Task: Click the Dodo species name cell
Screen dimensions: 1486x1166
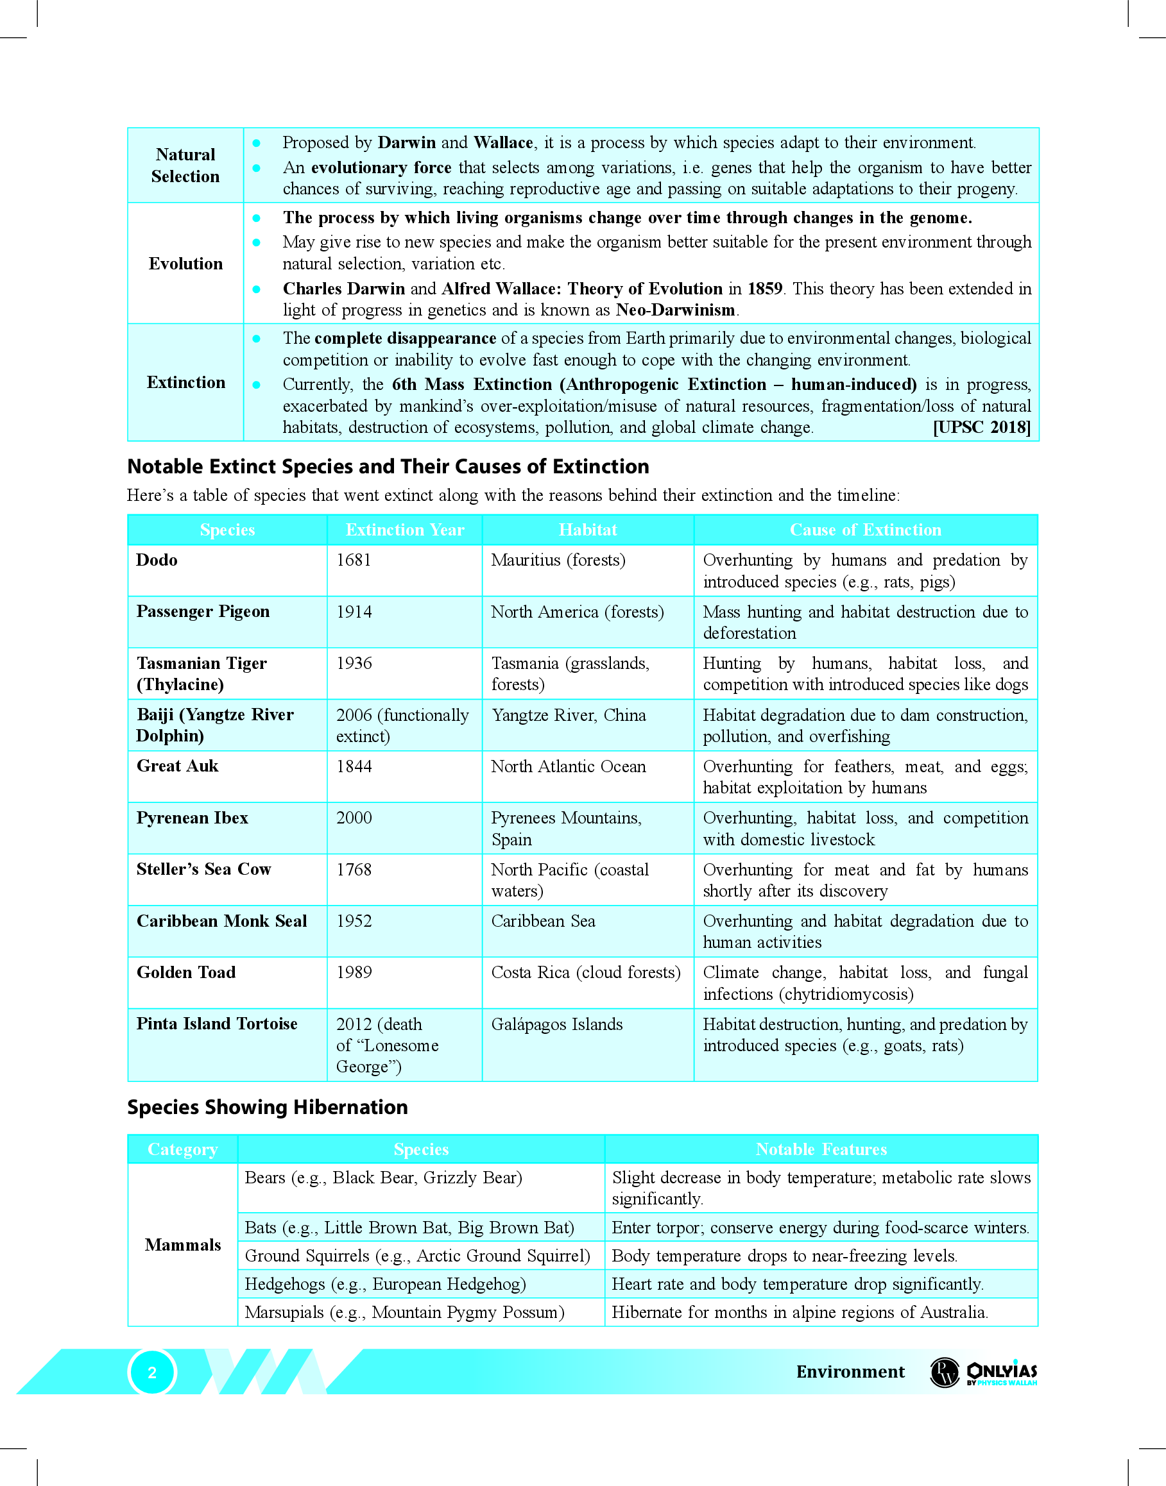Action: click(x=157, y=560)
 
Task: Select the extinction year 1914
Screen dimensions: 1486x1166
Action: click(x=354, y=612)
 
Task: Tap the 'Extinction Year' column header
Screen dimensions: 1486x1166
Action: click(x=405, y=530)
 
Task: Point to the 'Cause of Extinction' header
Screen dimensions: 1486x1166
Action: click(x=865, y=530)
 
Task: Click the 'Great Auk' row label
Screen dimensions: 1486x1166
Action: click(x=178, y=766)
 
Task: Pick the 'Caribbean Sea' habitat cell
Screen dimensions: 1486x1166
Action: click(x=543, y=921)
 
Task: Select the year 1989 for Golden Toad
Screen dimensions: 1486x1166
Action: click(x=354, y=972)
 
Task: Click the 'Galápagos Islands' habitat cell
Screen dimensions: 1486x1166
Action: click(x=557, y=1024)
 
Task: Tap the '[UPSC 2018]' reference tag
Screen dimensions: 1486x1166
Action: click(x=982, y=428)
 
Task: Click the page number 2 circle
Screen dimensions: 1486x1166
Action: click(x=152, y=1372)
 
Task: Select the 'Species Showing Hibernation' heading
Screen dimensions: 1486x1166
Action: click(x=268, y=1107)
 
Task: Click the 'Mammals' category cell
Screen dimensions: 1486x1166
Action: click(x=183, y=1245)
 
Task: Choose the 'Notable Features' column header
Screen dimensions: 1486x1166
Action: click(x=821, y=1150)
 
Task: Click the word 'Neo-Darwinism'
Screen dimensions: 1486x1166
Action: click(x=675, y=310)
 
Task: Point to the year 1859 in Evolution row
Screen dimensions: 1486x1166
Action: click(x=764, y=289)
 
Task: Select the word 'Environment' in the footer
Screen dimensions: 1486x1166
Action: click(x=850, y=1372)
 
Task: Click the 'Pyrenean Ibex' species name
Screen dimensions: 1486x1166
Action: click(x=193, y=818)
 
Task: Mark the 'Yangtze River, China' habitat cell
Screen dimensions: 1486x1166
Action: click(x=569, y=715)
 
